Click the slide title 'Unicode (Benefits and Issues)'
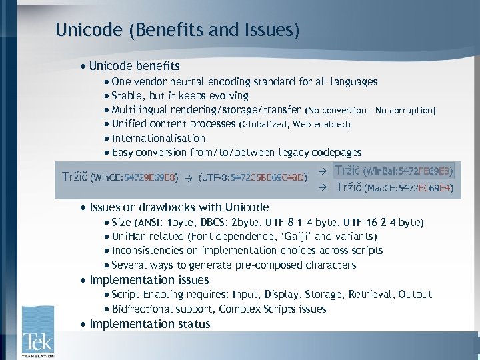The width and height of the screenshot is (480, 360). click(x=177, y=30)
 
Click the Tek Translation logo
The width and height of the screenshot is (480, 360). click(x=37, y=331)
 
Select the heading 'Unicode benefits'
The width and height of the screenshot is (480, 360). click(x=135, y=66)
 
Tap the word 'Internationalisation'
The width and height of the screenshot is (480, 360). click(x=159, y=139)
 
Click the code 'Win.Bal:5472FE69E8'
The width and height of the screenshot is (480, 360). click(x=408, y=171)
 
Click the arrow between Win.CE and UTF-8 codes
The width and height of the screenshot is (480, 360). click(x=189, y=178)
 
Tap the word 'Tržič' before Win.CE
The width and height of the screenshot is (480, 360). click(x=74, y=177)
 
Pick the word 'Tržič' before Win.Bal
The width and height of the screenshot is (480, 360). click(x=347, y=171)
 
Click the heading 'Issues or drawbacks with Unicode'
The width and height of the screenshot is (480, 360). click(x=179, y=207)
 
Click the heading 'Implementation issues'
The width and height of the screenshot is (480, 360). click(x=149, y=280)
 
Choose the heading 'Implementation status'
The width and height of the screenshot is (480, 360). click(x=150, y=324)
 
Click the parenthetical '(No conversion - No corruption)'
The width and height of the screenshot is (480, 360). click(x=371, y=110)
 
